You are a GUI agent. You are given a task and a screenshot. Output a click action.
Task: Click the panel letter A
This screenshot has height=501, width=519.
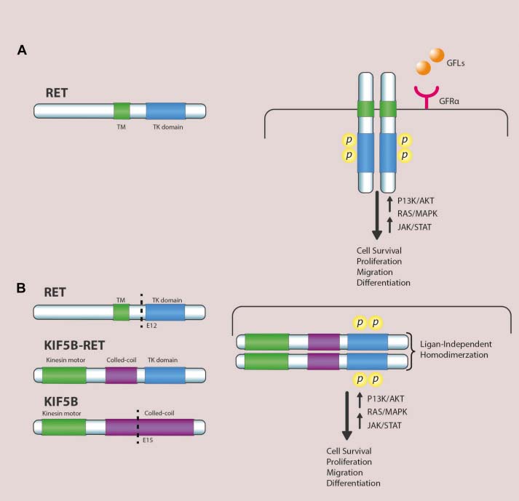(x=23, y=51)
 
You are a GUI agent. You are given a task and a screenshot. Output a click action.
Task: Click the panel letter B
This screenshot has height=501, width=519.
(x=23, y=288)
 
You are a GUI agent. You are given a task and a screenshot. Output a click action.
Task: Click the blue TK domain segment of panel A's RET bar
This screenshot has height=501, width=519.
(x=165, y=111)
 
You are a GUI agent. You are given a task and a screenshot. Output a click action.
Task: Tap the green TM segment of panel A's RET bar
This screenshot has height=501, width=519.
(x=122, y=111)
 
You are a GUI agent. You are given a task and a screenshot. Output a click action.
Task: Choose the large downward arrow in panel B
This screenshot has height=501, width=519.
(x=347, y=414)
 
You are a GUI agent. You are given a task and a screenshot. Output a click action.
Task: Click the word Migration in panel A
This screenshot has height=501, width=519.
(x=373, y=272)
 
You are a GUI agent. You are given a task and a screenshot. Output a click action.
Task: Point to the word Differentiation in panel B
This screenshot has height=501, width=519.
(x=353, y=483)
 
